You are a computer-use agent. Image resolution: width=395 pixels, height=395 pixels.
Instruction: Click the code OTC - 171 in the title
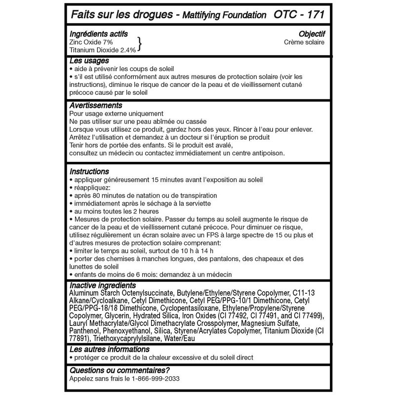(299, 14)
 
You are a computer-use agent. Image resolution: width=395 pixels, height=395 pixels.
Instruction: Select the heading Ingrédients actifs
(99, 34)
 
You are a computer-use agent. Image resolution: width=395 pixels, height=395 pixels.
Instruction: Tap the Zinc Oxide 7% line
(91, 42)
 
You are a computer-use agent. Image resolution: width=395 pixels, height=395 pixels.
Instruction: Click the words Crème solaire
(304, 42)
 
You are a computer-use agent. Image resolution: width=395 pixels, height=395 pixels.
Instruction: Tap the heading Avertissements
(96, 105)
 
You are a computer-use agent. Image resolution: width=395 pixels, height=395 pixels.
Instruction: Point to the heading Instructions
(89, 172)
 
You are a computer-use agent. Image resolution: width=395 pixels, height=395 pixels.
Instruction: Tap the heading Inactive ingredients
(103, 285)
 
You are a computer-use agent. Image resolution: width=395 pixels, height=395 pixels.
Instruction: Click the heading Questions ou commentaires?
(119, 370)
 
